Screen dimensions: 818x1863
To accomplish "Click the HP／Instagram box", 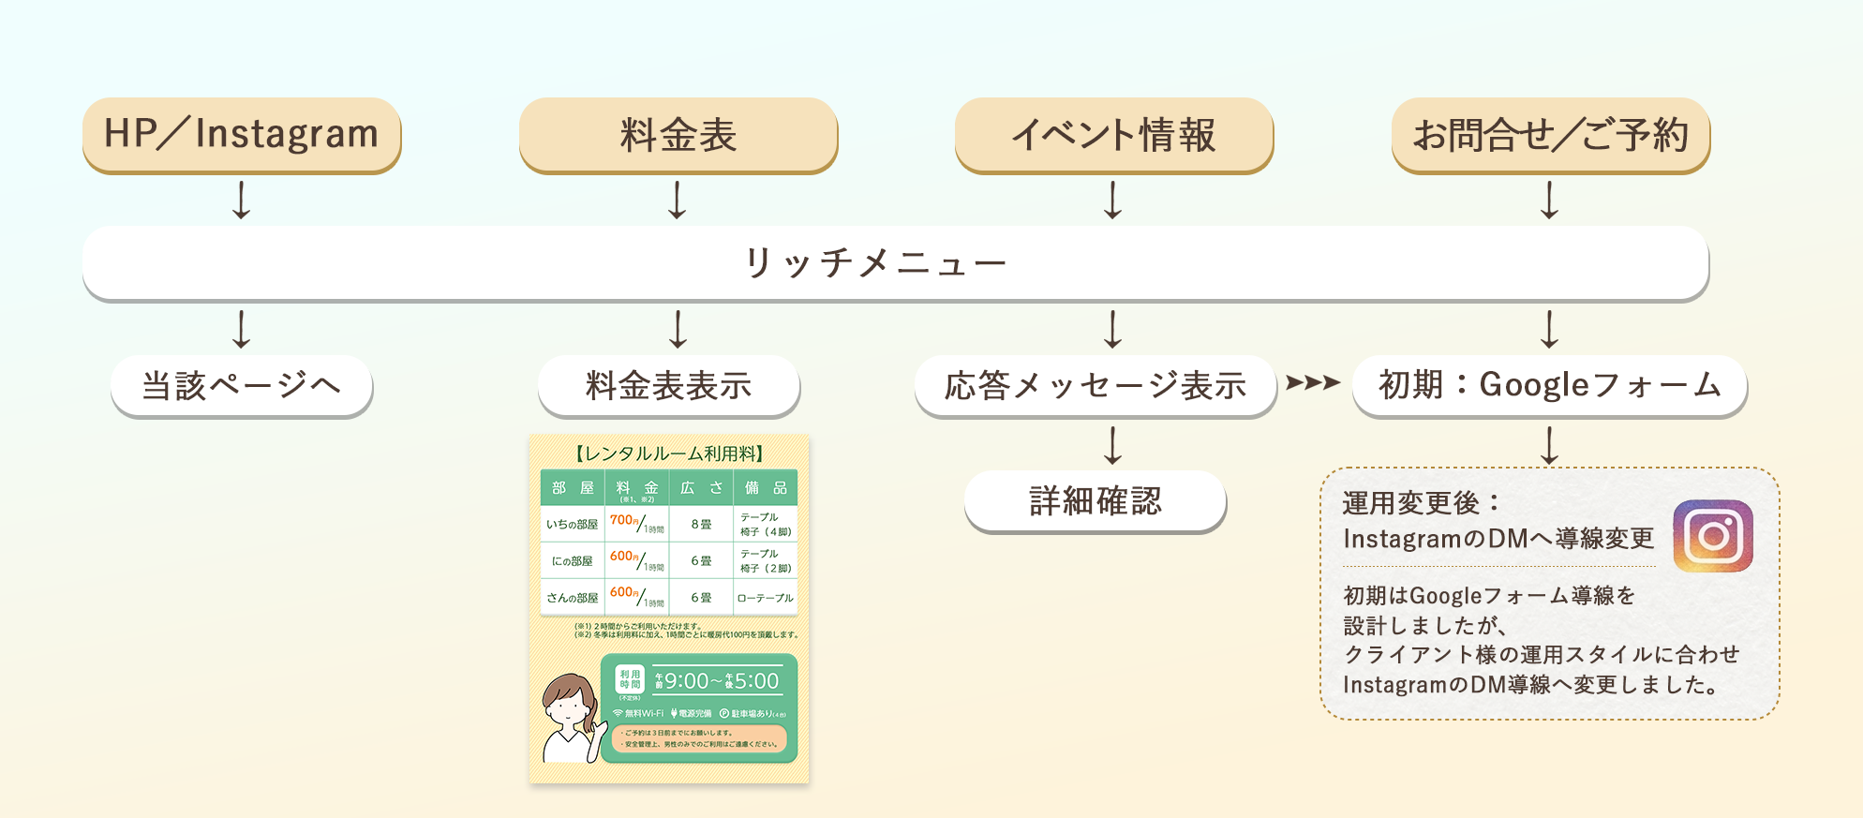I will point(242,134).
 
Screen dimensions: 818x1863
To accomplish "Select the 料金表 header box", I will point(678,134).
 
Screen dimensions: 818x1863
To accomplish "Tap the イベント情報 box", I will point(1113,134).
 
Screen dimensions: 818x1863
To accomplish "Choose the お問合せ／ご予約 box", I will point(1550,134).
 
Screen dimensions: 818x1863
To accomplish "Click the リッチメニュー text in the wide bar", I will point(875,263).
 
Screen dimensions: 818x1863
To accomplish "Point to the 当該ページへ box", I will point(242,385).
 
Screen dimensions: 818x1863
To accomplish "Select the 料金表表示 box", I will point(668,385).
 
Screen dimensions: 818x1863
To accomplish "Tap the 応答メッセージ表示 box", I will point(1095,385).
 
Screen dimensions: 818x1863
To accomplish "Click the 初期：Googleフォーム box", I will point(1549,385).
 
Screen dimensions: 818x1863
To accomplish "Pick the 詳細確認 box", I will point(1095,501).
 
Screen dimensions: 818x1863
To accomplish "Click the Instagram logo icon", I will point(1712,536).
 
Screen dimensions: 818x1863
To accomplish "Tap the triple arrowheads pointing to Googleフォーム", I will point(1313,382).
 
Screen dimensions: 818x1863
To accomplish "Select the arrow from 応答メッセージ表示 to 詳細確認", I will point(1112,445).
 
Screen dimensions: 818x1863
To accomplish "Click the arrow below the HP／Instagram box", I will point(242,200).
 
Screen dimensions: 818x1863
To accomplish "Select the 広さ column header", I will point(701,488).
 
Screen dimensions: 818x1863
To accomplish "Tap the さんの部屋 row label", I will point(572,598).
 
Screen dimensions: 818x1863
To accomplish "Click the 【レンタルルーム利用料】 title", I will point(668,454).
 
